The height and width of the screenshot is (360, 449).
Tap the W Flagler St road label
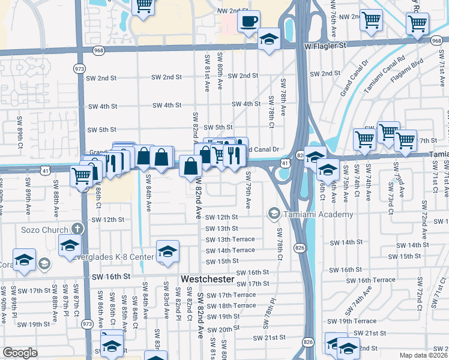pos(327,45)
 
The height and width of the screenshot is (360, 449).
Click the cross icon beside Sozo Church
pos(76,229)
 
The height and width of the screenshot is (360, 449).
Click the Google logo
pos(20,353)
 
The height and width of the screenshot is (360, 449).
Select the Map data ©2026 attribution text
pos(424,355)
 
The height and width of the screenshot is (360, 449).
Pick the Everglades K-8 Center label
pos(119,257)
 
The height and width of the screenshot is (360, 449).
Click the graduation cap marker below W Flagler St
pos(269,40)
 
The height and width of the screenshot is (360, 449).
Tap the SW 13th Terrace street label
pos(231,239)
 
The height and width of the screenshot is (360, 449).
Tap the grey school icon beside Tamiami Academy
pos(274,214)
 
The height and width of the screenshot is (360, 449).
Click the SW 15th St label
pos(222,262)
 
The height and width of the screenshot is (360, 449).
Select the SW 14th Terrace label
pos(231,250)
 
